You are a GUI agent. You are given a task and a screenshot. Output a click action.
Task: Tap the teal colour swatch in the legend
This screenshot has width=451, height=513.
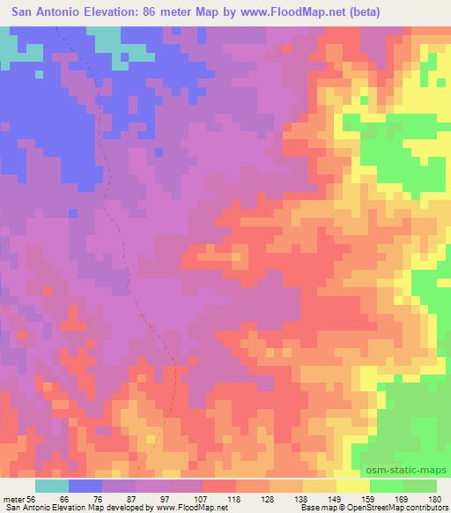point(51,485)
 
